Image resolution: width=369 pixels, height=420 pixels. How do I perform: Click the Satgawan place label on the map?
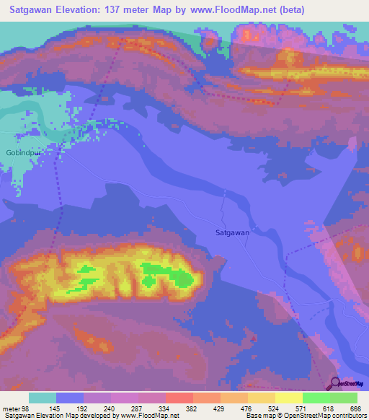coord(232,232)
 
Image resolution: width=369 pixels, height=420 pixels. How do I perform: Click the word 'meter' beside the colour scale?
coord(10,408)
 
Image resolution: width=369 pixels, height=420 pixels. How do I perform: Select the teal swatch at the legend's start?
coord(43,398)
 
